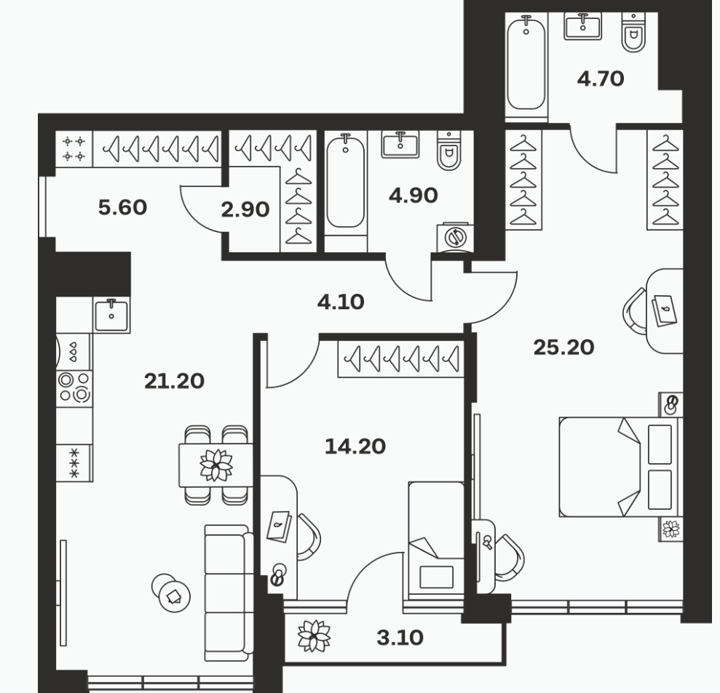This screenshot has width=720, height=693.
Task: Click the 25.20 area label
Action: [563, 347]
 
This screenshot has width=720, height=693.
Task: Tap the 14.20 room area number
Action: [355, 446]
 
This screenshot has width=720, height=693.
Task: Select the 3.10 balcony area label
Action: [400, 638]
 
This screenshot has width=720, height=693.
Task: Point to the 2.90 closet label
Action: [245, 209]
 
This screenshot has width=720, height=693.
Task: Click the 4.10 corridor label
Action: [341, 302]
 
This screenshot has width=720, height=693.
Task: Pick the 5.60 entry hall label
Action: [122, 207]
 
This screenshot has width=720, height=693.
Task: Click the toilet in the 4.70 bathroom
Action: [633, 32]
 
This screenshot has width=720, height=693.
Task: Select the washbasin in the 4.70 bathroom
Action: [582, 26]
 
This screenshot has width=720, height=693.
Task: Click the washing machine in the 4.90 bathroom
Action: [455, 237]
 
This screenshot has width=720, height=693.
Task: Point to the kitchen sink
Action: [111, 315]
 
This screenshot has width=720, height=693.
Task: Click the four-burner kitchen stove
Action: [74, 387]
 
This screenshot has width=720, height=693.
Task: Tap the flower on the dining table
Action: [215, 465]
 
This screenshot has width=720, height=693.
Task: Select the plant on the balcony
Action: [314, 636]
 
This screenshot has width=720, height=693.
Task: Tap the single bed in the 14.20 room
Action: [436, 540]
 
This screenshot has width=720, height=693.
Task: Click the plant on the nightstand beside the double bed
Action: [671, 529]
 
